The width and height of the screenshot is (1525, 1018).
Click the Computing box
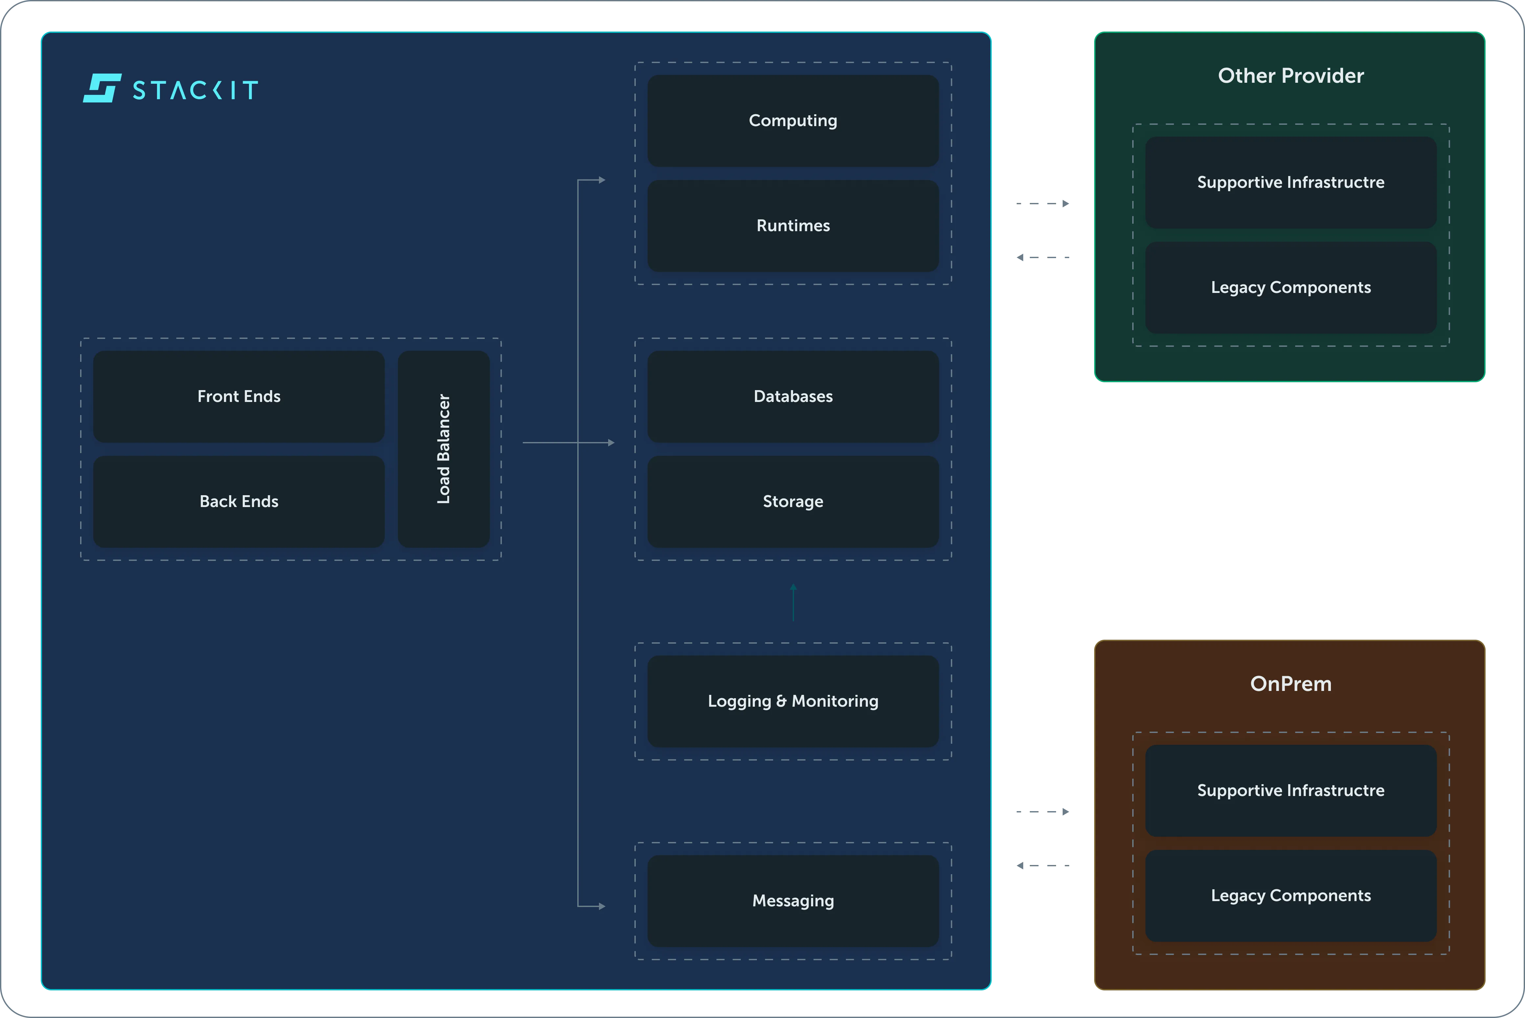[x=793, y=121]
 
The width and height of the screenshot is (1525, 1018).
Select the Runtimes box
[x=793, y=226]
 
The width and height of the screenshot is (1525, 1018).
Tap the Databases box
[x=793, y=397]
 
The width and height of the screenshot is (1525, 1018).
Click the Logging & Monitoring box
[x=793, y=701]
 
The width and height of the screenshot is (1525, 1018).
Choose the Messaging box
[x=793, y=901]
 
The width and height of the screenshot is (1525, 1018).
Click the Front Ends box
[x=239, y=397]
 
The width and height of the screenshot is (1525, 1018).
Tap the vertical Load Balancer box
[x=443, y=449]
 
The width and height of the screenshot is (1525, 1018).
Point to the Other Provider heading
[x=1291, y=76]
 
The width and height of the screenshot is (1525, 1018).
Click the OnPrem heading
[x=1291, y=684]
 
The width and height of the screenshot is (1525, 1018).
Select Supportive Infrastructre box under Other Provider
[x=1291, y=183]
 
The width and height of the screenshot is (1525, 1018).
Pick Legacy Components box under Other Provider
[x=1291, y=288]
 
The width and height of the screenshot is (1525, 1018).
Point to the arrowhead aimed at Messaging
[x=602, y=906]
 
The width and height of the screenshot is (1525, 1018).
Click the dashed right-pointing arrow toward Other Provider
[x=1043, y=204]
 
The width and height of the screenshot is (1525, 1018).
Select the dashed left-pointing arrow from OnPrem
[x=1043, y=865]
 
